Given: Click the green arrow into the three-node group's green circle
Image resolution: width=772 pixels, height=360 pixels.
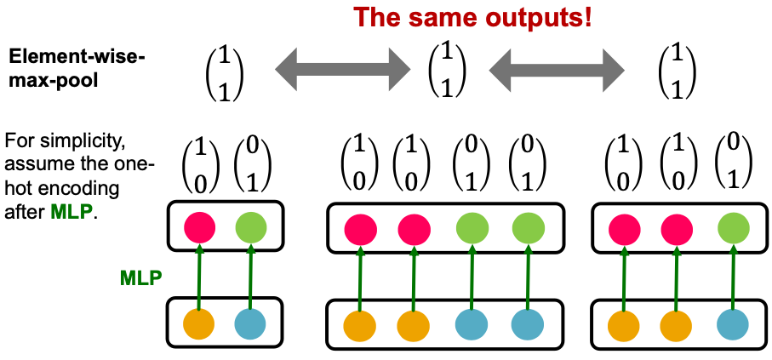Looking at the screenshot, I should coord(730,277).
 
